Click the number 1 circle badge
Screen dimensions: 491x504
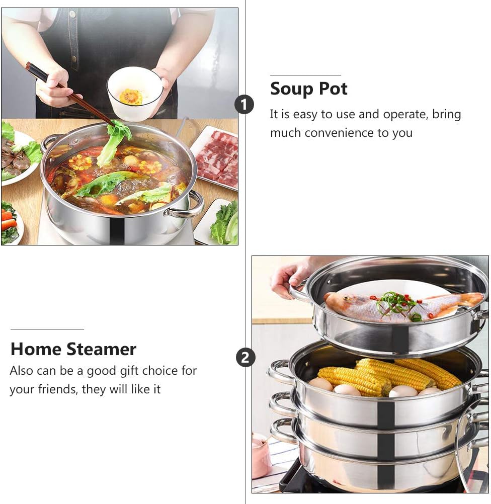point(244,105)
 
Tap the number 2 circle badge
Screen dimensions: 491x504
point(245,358)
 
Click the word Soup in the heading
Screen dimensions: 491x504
point(292,89)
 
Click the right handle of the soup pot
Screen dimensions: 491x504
point(188,206)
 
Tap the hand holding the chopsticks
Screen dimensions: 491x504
point(56,87)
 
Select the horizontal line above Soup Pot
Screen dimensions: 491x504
point(305,75)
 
